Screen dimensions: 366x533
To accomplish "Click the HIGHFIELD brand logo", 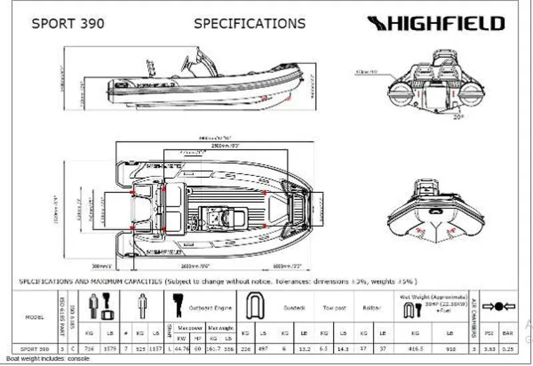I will [x=436, y=24].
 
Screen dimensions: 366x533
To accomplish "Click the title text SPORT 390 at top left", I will [x=68, y=24].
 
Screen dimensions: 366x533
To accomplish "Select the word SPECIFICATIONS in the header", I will [x=249, y=24].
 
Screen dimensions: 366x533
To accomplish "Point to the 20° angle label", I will [x=458, y=116].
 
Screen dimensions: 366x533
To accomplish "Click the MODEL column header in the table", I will [x=35, y=317].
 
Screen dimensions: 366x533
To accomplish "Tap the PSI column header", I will [x=490, y=331].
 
